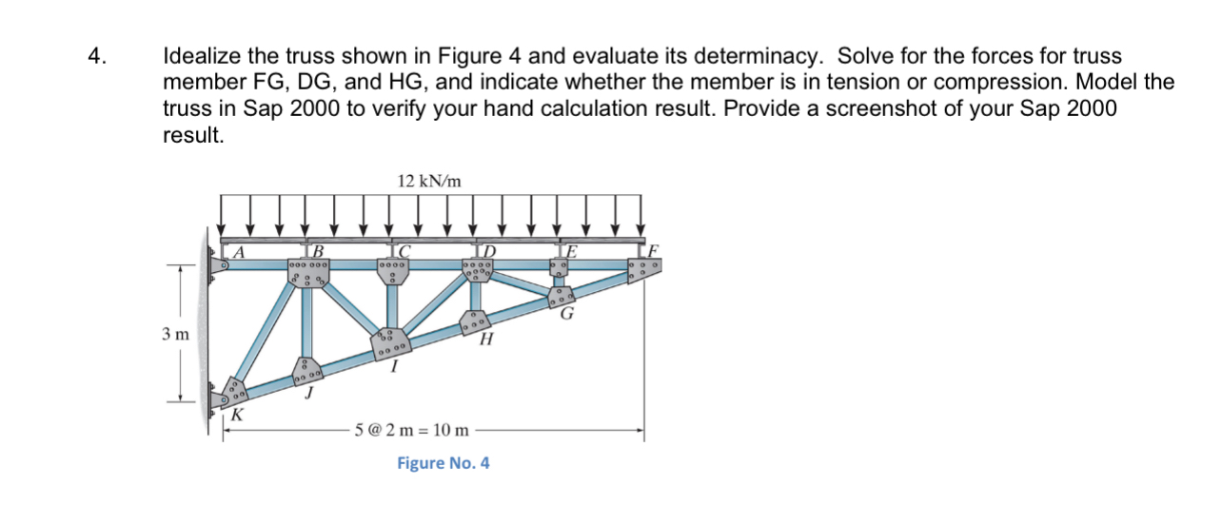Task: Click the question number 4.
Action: pyautogui.click(x=93, y=56)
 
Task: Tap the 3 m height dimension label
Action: pyautogui.click(x=175, y=334)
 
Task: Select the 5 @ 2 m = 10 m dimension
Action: pyautogui.click(x=412, y=430)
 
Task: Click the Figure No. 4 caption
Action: pyautogui.click(x=443, y=463)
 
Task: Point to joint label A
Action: pyautogui.click(x=241, y=253)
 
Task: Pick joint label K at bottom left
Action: pyautogui.click(x=237, y=415)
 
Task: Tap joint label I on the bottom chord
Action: pyautogui.click(x=395, y=367)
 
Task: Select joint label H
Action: pyautogui.click(x=487, y=340)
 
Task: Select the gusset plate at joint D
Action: pyautogui.click(x=476, y=268)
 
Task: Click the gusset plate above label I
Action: pyautogui.click(x=390, y=341)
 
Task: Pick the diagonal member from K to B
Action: pyautogui.click(x=267, y=333)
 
